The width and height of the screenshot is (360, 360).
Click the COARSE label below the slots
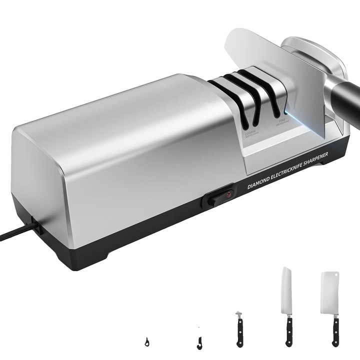click(x=250, y=133)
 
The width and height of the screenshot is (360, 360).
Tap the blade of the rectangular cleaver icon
click(x=330, y=292)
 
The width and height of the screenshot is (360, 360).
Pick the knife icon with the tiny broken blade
click(x=239, y=330)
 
